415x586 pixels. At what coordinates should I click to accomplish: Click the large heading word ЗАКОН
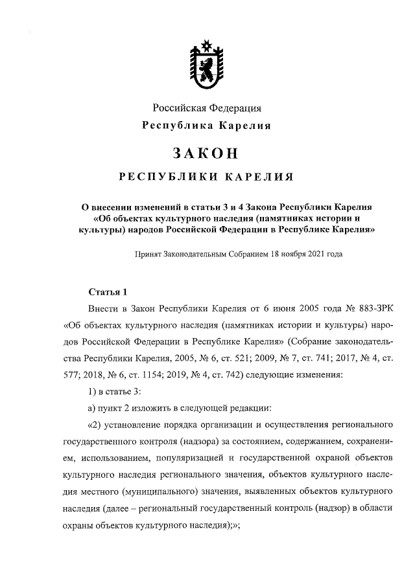[x=207, y=153]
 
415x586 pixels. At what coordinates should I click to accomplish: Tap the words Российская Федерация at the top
[x=207, y=107]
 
